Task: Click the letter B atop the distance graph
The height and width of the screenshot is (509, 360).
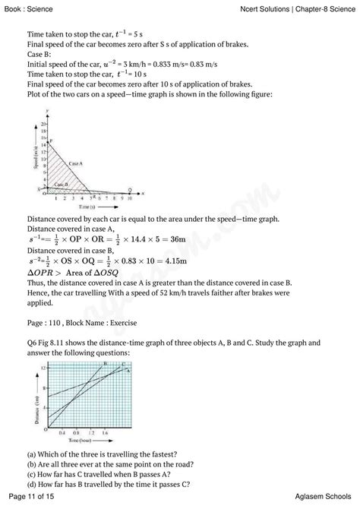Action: tap(106, 364)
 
